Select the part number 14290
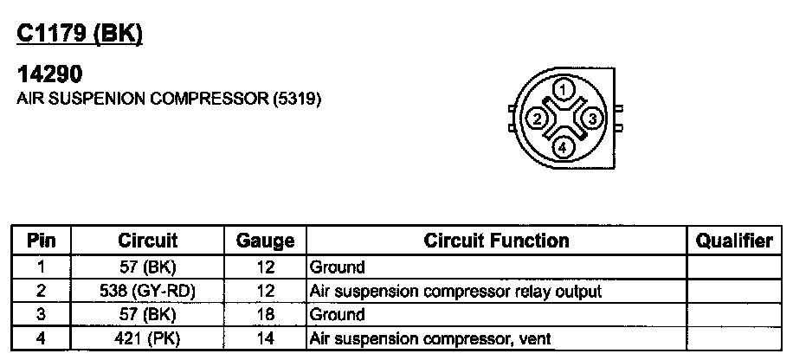click(x=49, y=76)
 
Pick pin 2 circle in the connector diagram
click(x=536, y=119)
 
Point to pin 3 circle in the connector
click(x=591, y=119)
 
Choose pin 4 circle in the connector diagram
click(x=563, y=147)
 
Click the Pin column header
click(x=42, y=241)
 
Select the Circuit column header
click(x=147, y=241)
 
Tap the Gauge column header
click(x=266, y=241)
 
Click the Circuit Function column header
click(x=496, y=241)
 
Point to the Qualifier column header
click(x=733, y=241)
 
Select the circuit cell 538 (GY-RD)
click(x=147, y=292)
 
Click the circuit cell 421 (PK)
click(x=147, y=338)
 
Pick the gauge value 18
click(x=266, y=315)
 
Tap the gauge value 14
click(x=266, y=338)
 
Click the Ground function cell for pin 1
click(x=338, y=267)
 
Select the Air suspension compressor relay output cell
click(x=455, y=292)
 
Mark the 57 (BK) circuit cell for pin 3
click(x=147, y=315)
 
